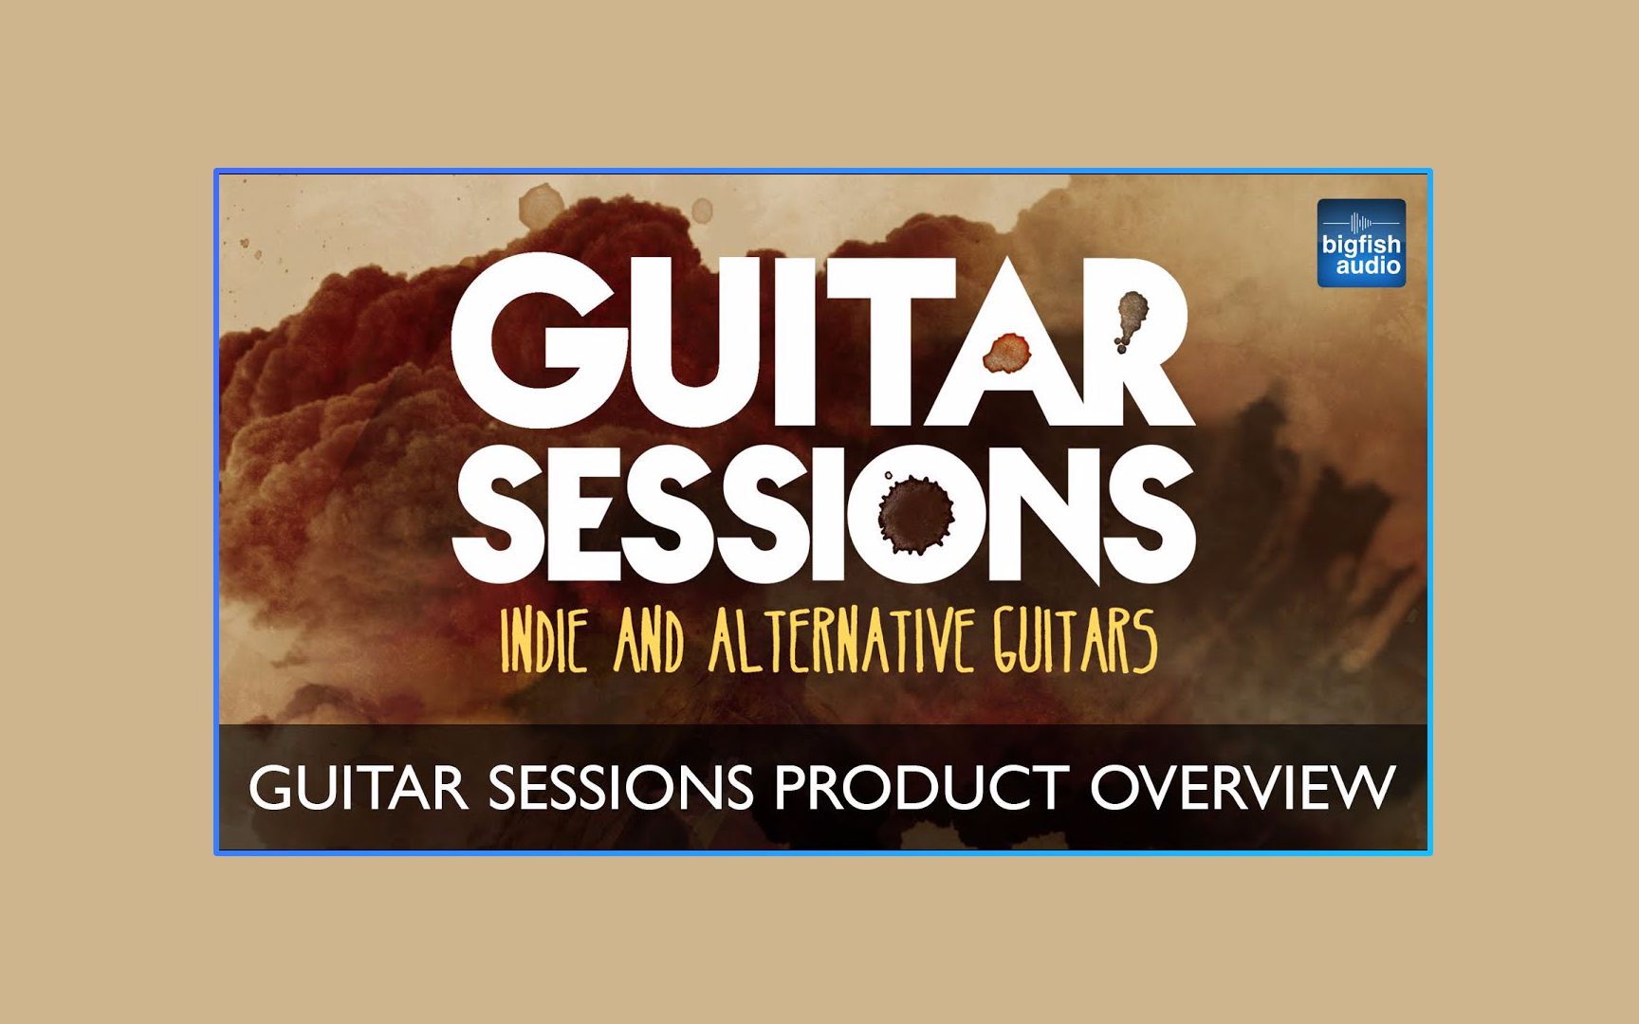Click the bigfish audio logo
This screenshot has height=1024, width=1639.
[1361, 243]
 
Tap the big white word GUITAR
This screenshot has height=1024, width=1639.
[822, 341]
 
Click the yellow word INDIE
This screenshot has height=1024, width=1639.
[544, 641]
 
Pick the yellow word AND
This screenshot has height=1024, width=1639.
[650, 642]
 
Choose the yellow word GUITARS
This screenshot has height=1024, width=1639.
[1076, 641]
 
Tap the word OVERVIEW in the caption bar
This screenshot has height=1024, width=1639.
[1243, 787]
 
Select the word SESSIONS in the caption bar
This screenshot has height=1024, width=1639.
[620, 787]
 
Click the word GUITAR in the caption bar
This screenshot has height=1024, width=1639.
[358, 787]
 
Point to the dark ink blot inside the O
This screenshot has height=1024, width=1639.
[915, 513]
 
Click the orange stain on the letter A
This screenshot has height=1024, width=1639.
[1006, 353]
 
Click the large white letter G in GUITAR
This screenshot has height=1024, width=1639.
[532, 341]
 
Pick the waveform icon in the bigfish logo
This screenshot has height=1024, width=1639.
[1361, 223]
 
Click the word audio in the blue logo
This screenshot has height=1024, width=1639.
[1368, 266]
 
